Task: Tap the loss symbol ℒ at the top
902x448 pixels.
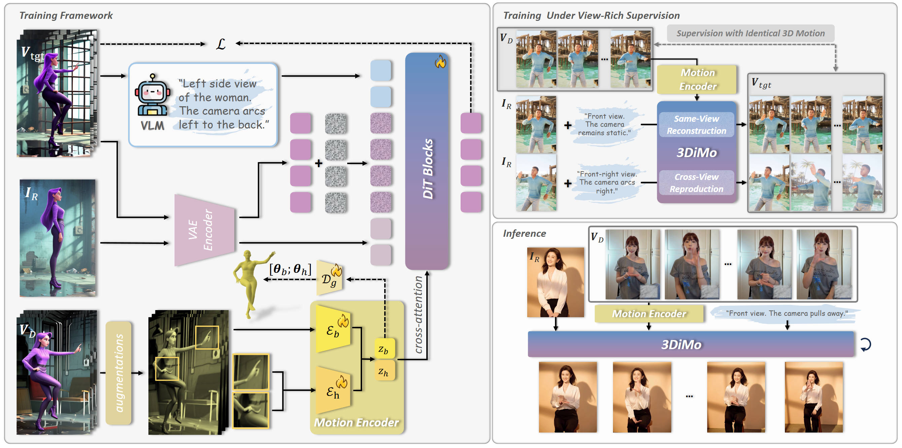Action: pos(221,44)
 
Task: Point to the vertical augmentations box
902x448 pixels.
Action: pos(119,373)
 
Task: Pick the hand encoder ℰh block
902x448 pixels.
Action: pos(333,390)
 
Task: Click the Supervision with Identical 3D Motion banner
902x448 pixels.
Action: pos(750,33)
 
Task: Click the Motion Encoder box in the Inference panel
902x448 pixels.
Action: pos(649,313)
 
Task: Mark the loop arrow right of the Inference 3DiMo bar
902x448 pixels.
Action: pos(866,344)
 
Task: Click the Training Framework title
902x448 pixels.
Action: pos(66,15)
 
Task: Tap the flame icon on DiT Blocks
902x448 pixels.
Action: pos(440,62)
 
